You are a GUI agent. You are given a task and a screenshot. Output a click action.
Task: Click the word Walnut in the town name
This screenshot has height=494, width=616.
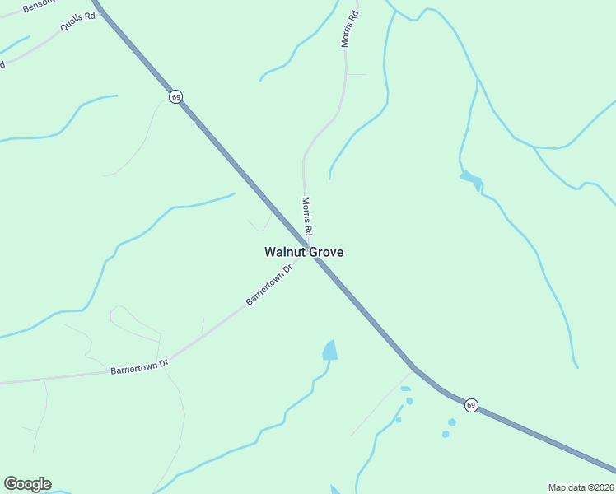click(x=283, y=253)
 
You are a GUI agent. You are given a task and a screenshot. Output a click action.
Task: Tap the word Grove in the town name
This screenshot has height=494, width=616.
click(x=324, y=253)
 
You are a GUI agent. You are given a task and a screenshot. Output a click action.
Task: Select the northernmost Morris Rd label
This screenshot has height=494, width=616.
click(x=351, y=28)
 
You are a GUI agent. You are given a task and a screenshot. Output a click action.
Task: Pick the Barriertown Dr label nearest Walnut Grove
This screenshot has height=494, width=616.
click(x=269, y=285)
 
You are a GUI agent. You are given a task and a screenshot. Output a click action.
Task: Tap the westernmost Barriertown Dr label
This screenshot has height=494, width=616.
click(x=139, y=368)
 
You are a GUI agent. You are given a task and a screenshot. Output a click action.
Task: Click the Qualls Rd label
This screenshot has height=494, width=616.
click(x=77, y=21)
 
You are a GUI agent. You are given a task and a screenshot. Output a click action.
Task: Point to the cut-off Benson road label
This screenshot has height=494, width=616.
click(x=37, y=6)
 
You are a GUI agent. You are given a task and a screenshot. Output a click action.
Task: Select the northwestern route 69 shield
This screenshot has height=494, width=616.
click(x=175, y=96)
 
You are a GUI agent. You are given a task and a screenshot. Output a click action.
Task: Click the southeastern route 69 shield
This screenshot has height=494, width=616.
click(x=470, y=405)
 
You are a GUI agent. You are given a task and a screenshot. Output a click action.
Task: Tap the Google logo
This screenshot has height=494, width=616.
click(x=27, y=484)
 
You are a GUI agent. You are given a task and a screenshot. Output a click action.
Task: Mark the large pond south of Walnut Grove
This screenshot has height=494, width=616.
click(x=330, y=350)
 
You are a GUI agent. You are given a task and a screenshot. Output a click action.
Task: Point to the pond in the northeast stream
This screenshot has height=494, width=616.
click(x=470, y=179)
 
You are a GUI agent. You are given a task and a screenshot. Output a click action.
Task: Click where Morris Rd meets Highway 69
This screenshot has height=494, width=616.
click(x=309, y=246)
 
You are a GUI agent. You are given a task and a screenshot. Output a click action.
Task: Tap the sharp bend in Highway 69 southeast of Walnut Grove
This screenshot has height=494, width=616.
click(x=413, y=367)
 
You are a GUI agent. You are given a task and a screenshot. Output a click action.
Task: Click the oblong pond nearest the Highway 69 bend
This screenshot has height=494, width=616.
click(x=405, y=389)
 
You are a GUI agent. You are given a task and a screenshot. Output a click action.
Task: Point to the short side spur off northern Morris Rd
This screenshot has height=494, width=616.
click(x=357, y=74)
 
